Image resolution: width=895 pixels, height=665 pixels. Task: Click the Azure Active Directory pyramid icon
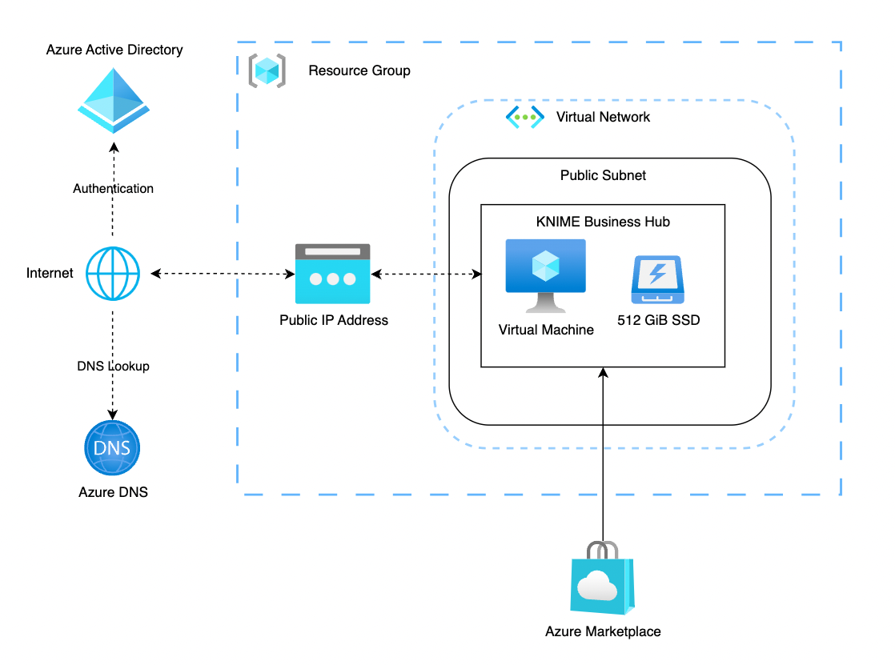tap(113, 99)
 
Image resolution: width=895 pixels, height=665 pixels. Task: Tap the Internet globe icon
tap(113, 274)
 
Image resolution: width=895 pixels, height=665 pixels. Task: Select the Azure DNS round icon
tap(112, 448)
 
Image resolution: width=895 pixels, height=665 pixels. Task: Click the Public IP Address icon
tap(332, 274)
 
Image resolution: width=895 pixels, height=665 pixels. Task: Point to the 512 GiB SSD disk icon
tap(656, 279)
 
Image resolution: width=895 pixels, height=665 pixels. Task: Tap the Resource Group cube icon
tap(265, 70)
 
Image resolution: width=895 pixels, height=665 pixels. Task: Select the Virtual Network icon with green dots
tap(524, 117)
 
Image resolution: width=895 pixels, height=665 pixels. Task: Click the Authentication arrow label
tap(113, 189)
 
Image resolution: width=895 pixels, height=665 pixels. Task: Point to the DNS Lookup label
tap(113, 367)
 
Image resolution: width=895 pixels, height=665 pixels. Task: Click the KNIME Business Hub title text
tap(603, 222)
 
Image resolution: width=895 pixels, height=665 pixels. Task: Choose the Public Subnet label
tap(603, 175)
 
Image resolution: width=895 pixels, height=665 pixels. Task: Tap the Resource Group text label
tap(359, 70)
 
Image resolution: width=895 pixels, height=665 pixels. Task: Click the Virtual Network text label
tap(603, 117)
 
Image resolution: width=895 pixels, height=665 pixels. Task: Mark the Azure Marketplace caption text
tap(603, 631)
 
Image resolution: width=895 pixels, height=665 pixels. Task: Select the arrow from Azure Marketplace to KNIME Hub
tap(603, 456)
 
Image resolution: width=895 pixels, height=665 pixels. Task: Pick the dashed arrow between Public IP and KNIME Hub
tap(426, 274)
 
